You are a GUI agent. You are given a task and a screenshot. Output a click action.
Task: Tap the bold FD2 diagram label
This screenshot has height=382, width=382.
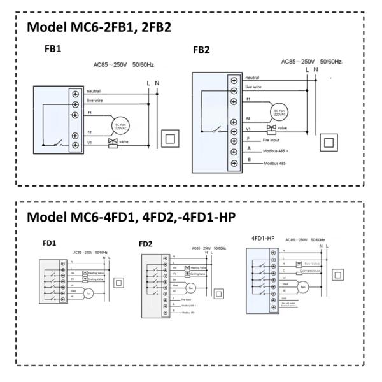point(146,244)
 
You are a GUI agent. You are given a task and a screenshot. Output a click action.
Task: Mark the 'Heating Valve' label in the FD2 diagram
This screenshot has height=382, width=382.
point(199,269)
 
